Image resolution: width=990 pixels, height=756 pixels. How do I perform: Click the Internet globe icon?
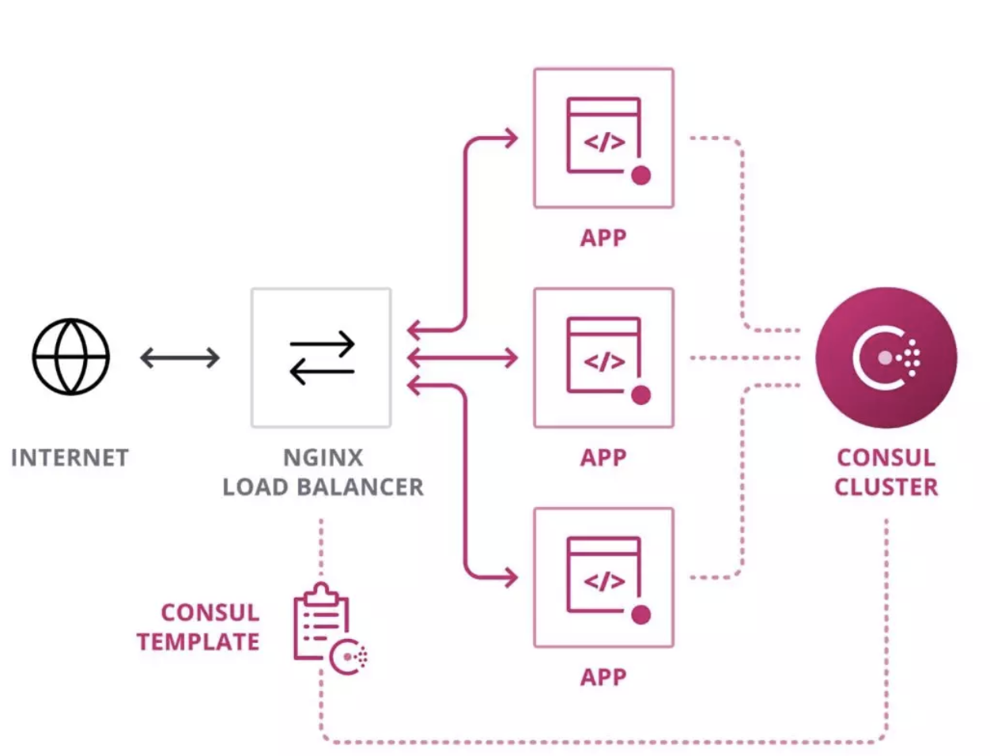coord(70,357)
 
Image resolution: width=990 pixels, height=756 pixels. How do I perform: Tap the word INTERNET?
coord(70,458)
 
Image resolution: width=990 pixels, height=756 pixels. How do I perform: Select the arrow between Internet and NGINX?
coord(180,357)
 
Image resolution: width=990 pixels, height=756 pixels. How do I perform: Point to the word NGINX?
coord(323,458)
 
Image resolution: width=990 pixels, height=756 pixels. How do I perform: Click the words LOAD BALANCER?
coord(323,487)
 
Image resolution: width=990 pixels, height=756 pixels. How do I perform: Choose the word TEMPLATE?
coord(198,641)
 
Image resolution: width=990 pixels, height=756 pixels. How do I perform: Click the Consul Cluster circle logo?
coord(886,357)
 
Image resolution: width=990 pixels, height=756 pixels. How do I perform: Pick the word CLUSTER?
coord(886,487)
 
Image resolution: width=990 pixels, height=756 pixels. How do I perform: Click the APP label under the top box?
coord(603,238)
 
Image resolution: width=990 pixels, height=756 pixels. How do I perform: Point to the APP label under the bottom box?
coord(603,677)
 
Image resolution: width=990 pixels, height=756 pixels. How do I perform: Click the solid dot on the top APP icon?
coord(641,176)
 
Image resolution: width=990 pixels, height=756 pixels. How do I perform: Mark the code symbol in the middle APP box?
coord(604,362)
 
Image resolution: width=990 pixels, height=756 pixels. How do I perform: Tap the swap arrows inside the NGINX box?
coord(322,358)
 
